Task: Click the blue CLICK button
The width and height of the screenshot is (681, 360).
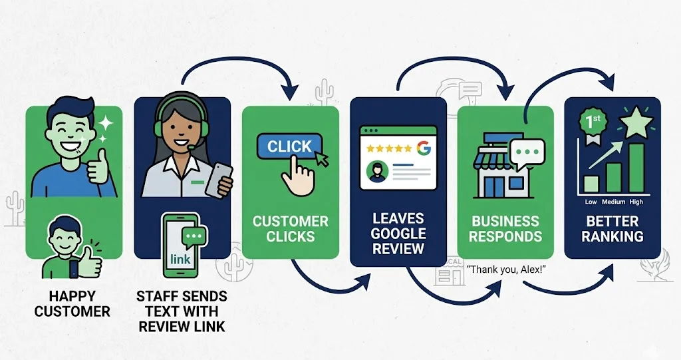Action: click(x=289, y=146)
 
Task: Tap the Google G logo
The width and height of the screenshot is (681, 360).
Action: click(x=424, y=148)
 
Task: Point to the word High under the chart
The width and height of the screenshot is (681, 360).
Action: click(x=636, y=202)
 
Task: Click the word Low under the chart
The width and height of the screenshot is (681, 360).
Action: click(x=591, y=202)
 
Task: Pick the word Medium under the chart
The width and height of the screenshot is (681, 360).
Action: click(x=613, y=202)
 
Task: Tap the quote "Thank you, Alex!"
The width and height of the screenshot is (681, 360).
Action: click(x=506, y=270)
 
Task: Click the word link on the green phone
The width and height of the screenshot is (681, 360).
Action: click(x=180, y=260)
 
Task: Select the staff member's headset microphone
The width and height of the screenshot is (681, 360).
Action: click(x=192, y=147)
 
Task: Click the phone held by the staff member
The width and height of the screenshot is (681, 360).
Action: click(x=218, y=180)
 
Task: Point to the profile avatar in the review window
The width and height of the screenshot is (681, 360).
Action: click(x=377, y=171)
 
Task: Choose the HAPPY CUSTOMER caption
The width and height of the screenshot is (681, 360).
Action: click(x=72, y=304)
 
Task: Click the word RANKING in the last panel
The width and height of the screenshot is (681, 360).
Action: click(x=613, y=236)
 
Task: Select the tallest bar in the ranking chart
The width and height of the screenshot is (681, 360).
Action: click(x=636, y=168)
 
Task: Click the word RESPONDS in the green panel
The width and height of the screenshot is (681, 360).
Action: click(x=505, y=236)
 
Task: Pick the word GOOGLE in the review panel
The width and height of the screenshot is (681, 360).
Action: click(x=398, y=234)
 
